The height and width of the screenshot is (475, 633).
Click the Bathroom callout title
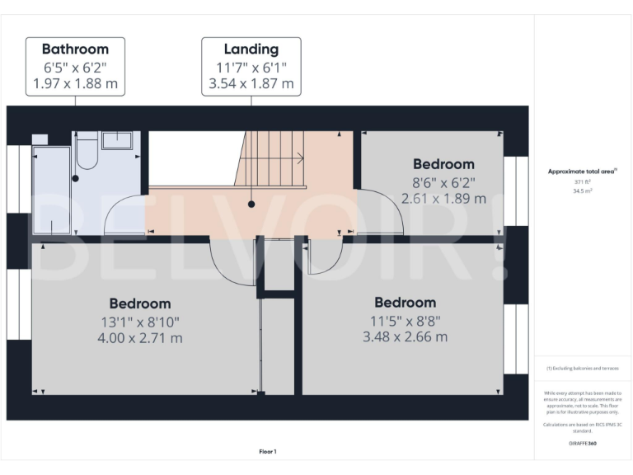pos(75,49)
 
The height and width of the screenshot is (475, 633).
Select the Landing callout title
pos(251,49)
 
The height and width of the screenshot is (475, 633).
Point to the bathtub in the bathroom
pos(52,190)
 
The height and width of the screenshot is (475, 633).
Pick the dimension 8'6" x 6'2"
pos(443,182)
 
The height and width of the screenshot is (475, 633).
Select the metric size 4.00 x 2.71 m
pos(140,338)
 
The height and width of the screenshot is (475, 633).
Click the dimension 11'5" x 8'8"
pos(405,320)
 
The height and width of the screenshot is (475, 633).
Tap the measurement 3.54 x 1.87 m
pos(251,83)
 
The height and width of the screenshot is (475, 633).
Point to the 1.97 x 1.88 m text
pos(75,83)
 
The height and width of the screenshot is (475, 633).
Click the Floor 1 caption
pos(268,451)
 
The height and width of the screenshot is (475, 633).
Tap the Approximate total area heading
pos(582,172)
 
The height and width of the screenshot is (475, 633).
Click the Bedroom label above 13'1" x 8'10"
pos(140,303)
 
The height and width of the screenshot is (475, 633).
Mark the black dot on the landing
pos(251,202)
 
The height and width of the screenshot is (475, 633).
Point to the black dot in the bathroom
pos(75,177)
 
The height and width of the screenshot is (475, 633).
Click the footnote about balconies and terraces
pos(582,369)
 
